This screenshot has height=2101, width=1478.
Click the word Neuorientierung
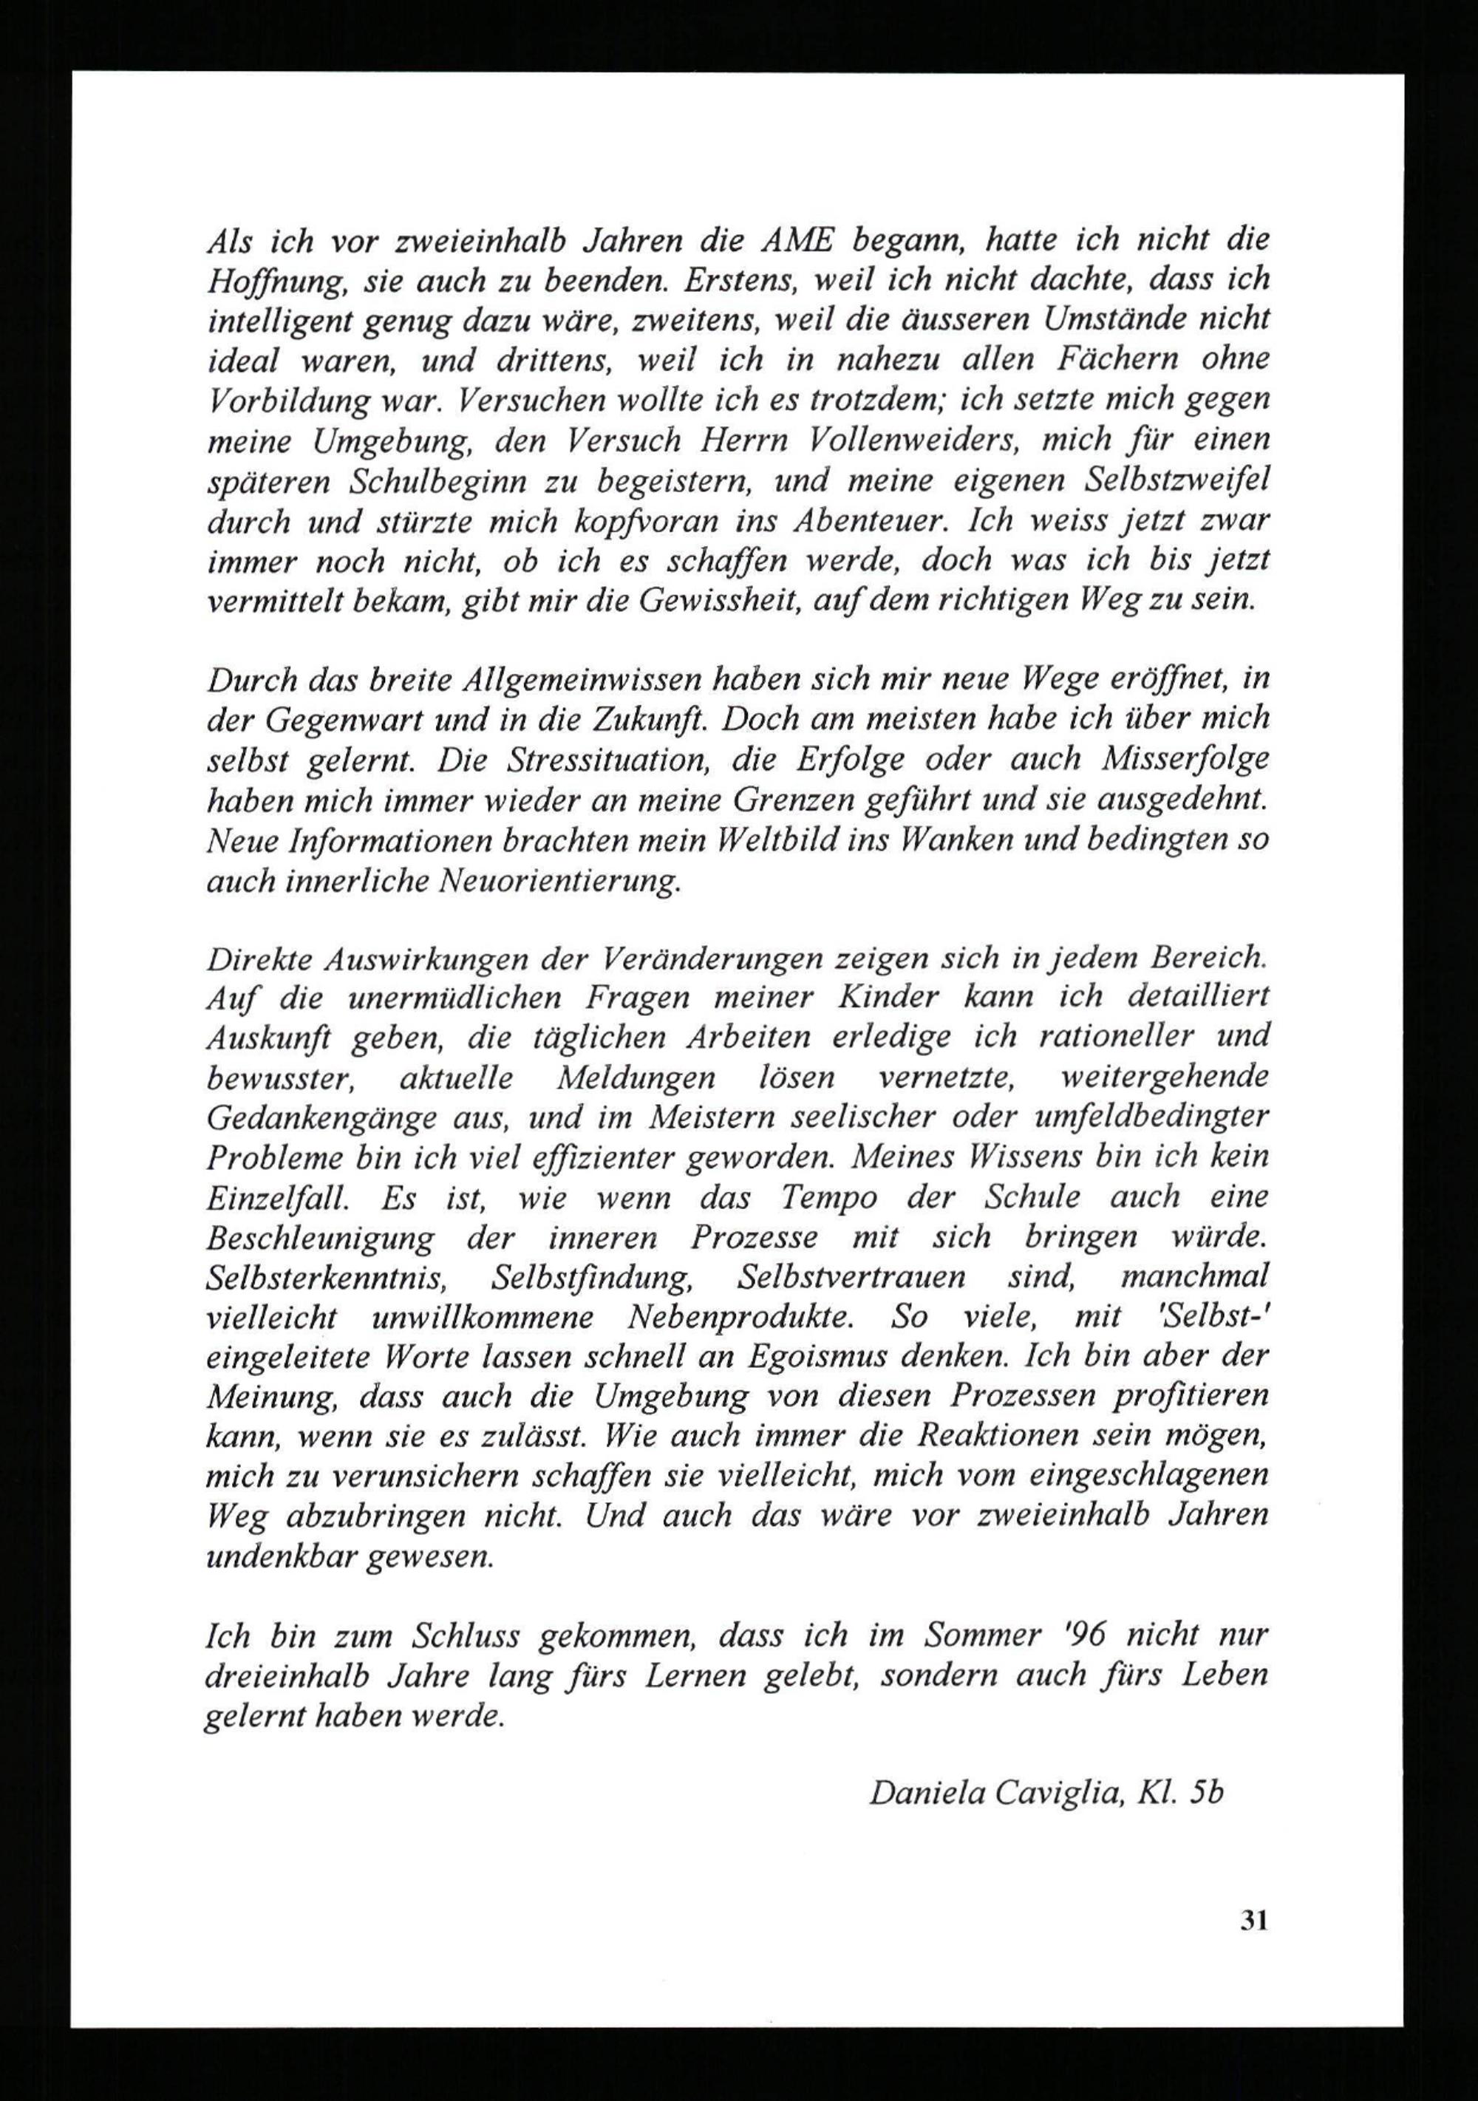(559, 880)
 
